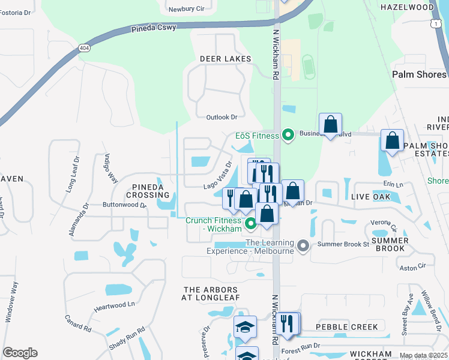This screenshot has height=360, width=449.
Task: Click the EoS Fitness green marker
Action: [x=288, y=135]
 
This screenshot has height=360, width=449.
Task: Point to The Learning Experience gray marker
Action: [x=303, y=246]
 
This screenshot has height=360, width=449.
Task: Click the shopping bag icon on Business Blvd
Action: [x=330, y=125]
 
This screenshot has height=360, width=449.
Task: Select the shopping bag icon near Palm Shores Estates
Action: [x=392, y=140]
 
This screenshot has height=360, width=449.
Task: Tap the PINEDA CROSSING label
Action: [x=148, y=191]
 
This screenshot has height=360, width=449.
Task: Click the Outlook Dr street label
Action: [x=221, y=117]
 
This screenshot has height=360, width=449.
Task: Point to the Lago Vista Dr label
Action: [x=217, y=174]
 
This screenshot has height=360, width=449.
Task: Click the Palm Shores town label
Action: [x=419, y=74]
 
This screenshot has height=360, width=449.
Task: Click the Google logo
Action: [x=20, y=353]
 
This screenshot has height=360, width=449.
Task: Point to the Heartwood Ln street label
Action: [x=114, y=306]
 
